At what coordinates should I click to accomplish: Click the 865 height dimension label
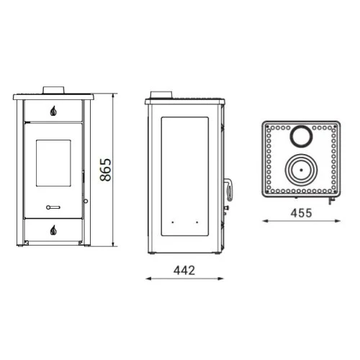click(106, 170)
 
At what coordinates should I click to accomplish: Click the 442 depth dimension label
click(184, 271)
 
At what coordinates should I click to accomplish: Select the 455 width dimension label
click(301, 213)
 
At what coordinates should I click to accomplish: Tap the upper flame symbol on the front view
click(53, 111)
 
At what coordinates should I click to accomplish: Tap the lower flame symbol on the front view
click(53, 230)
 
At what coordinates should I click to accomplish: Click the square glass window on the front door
click(53, 163)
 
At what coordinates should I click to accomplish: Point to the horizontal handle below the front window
click(53, 207)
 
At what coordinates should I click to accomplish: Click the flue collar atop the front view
click(53, 90)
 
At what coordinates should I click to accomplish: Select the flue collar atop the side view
click(161, 95)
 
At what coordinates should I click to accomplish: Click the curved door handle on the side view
click(229, 189)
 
